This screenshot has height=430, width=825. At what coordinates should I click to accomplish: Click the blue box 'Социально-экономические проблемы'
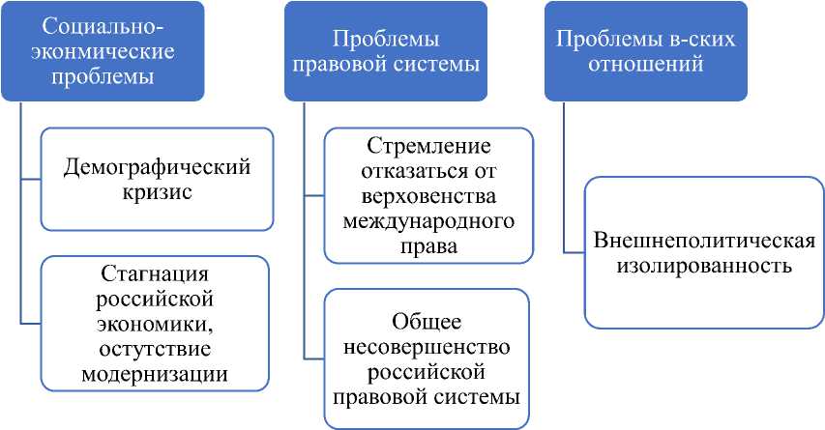[x=103, y=51]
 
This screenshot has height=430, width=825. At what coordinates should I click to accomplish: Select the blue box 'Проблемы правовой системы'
[x=386, y=51]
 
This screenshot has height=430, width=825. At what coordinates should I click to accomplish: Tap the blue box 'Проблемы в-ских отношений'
[x=645, y=51]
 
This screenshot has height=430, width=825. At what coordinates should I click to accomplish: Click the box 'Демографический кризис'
[x=157, y=180]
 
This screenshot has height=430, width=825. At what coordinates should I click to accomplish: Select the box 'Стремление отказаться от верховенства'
[x=428, y=196]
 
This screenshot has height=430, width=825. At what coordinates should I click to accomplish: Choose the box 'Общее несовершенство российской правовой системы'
[x=427, y=358]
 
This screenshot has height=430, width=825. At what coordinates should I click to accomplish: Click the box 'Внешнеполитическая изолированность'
[x=704, y=251]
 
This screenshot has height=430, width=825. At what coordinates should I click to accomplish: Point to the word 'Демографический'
[x=157, y=167]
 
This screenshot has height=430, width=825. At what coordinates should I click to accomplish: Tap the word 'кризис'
[x=157, y=192]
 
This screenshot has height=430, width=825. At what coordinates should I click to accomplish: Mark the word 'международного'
[x=428, y=221]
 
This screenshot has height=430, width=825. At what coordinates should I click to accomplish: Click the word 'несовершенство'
[x=427, y=346]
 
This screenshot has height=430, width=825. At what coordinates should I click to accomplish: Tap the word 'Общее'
[x=427, y=321]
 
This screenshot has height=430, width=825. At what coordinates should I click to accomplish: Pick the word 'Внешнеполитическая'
[x=704, y=240]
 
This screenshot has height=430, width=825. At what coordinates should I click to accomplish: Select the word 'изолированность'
[x=704, y=264]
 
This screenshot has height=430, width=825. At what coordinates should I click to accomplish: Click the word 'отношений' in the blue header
[x=645, y=65]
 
